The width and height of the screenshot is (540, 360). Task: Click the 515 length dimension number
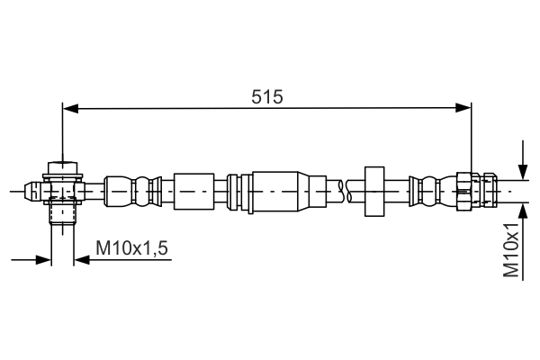tap(267, 96)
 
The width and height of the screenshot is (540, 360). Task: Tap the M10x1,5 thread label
tap(133, 247)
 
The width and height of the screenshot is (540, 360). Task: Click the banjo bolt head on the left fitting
tap(61, 169)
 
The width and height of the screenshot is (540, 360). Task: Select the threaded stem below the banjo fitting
tap(61, 213)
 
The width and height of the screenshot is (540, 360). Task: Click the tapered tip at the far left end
tap(29, 191)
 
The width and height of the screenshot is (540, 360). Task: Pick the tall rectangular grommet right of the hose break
tap(373, 191)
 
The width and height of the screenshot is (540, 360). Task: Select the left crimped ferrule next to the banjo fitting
tap(131, 191)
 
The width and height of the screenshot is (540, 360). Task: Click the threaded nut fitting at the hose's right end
tap(475, 191)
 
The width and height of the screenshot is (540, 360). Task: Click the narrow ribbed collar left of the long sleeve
tap(235, 191)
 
